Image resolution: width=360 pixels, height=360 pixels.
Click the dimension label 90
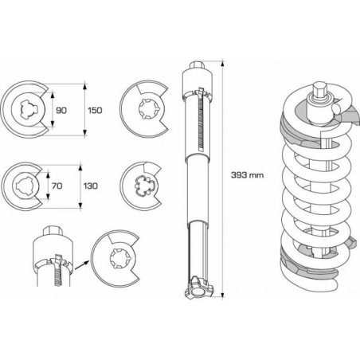[x=61, y=110]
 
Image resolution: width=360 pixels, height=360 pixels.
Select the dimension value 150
[x=95, y=110]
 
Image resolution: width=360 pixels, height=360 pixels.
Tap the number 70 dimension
[x=57, y=186]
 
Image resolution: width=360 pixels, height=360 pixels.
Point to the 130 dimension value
[x=91, y=186]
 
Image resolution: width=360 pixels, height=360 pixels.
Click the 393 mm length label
[x=247, y=175]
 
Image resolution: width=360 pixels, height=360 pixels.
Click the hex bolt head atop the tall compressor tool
[x=197, y=65]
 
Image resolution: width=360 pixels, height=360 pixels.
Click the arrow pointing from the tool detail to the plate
[x=81, y=265]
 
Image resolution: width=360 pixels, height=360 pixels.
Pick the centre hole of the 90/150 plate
[x=28, y=109]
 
